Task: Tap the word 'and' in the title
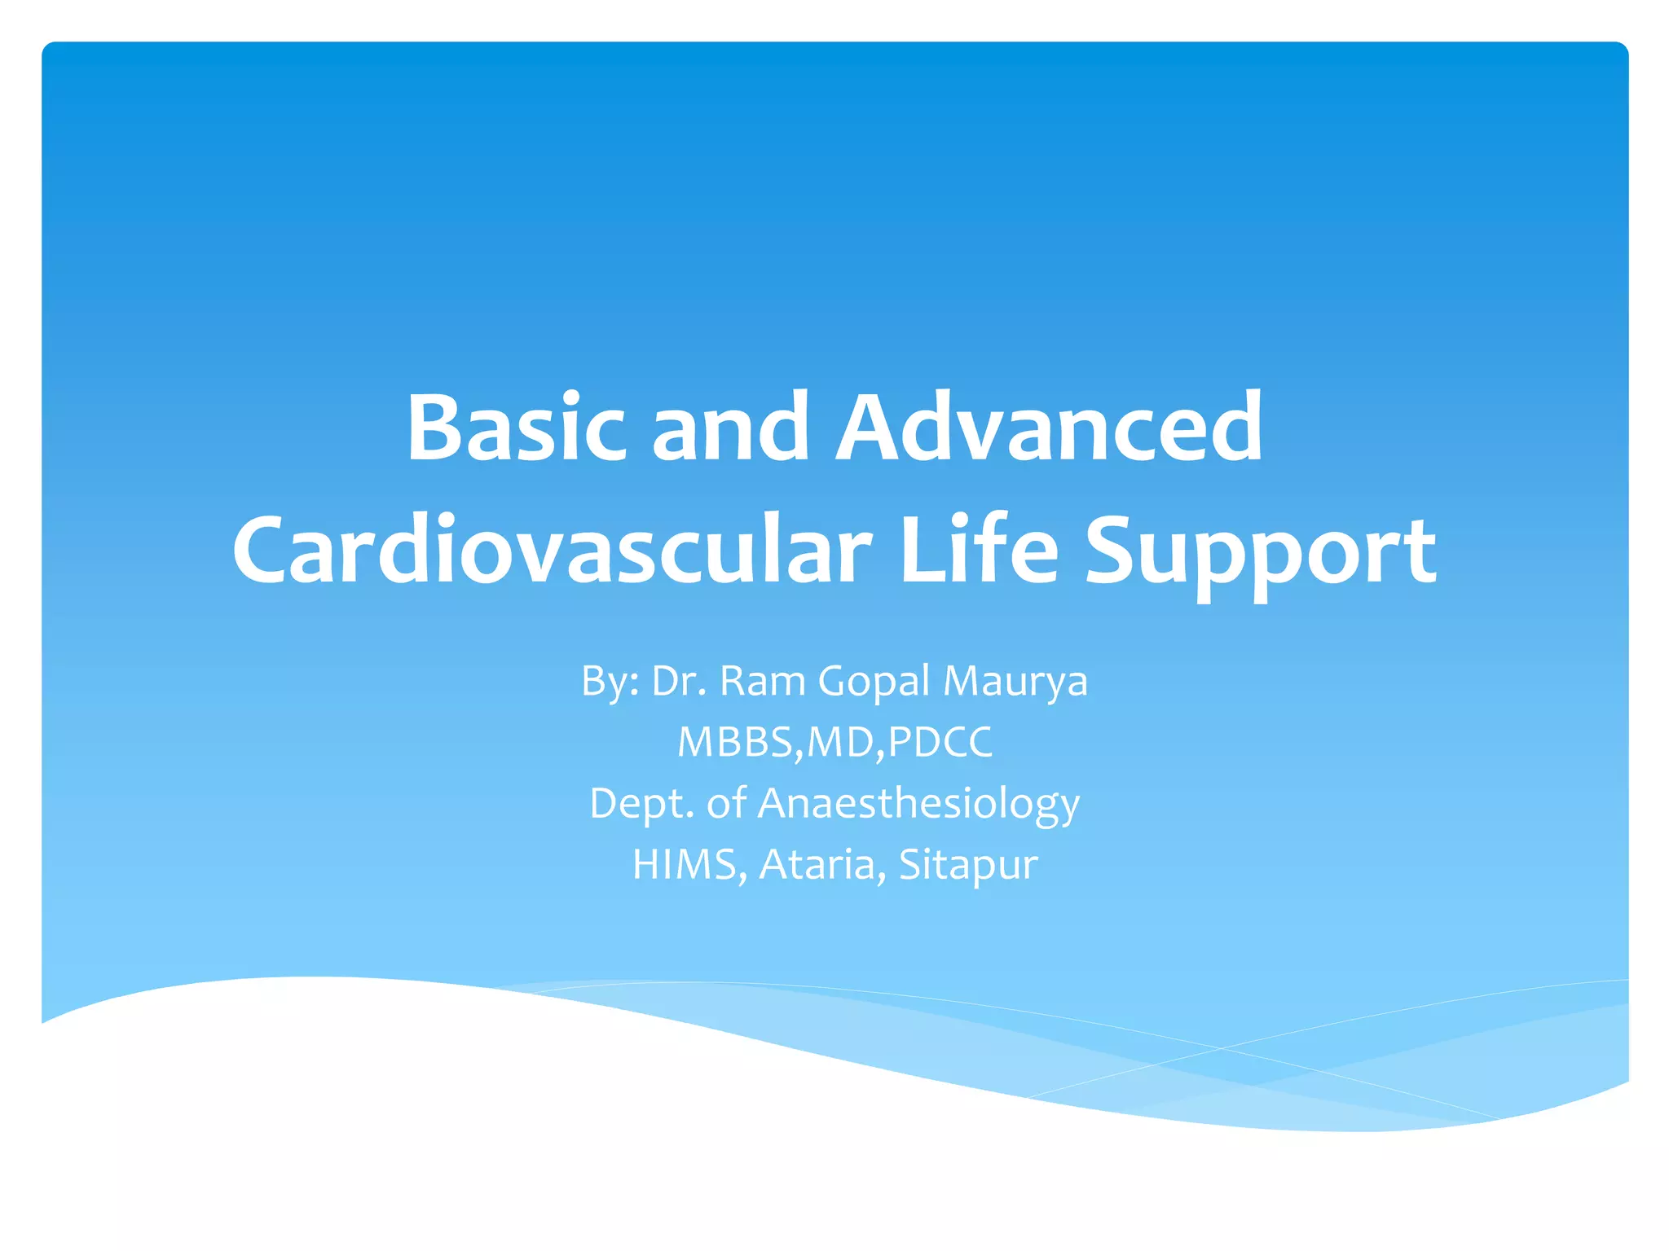tap(729, 428)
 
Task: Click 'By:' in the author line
tap(610, 681)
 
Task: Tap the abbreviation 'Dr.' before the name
tap(678, 681)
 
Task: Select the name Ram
tap(762, 681)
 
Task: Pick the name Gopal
tap(873, 683)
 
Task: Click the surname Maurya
tap(1015, 683)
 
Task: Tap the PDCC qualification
tap(940, 742)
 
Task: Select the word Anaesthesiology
tap(918, 804)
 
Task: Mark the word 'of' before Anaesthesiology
tap(726, 803)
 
